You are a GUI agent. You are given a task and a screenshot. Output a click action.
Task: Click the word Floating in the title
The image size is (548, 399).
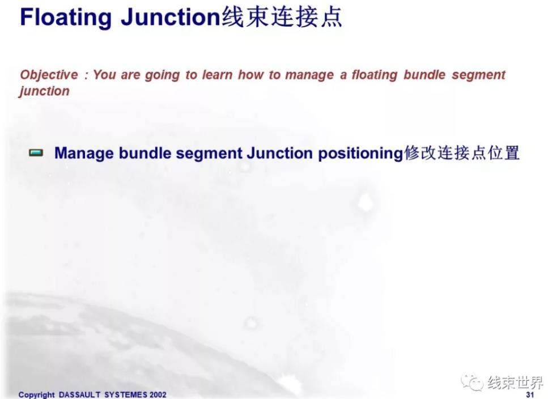66,18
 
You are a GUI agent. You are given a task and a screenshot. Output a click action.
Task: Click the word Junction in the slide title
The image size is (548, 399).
171,18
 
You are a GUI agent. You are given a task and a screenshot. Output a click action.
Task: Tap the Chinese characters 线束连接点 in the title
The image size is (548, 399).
282,17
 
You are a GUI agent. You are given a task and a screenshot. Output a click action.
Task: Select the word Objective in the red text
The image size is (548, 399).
49,75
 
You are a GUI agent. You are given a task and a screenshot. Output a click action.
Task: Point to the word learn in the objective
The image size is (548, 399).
217,75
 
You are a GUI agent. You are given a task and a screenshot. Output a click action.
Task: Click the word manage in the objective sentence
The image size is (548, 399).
309,75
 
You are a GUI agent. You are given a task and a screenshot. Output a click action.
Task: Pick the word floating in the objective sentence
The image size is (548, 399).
374,75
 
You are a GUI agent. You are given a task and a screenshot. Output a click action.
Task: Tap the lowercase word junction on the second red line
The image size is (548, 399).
44,91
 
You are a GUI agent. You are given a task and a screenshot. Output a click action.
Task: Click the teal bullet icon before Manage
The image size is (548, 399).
36,153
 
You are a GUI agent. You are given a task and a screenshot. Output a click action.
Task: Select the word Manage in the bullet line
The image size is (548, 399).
84,154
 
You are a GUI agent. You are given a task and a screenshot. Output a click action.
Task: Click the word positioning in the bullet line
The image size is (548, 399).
360,154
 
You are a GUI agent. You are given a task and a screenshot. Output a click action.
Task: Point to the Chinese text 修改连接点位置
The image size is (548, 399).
462,153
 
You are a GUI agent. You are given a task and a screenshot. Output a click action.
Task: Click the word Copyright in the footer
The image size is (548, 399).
37,395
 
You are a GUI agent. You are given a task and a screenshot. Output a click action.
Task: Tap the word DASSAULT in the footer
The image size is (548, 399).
80,395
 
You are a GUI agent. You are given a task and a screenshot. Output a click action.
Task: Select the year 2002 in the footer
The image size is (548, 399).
158,395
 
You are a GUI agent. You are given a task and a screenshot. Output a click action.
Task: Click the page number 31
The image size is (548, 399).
530,395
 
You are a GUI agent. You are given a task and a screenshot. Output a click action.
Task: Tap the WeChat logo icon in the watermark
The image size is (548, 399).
472,383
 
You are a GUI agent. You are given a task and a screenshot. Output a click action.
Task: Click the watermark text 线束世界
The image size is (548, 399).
515,383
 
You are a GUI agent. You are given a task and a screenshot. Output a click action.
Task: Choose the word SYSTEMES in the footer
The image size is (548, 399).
126,395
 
